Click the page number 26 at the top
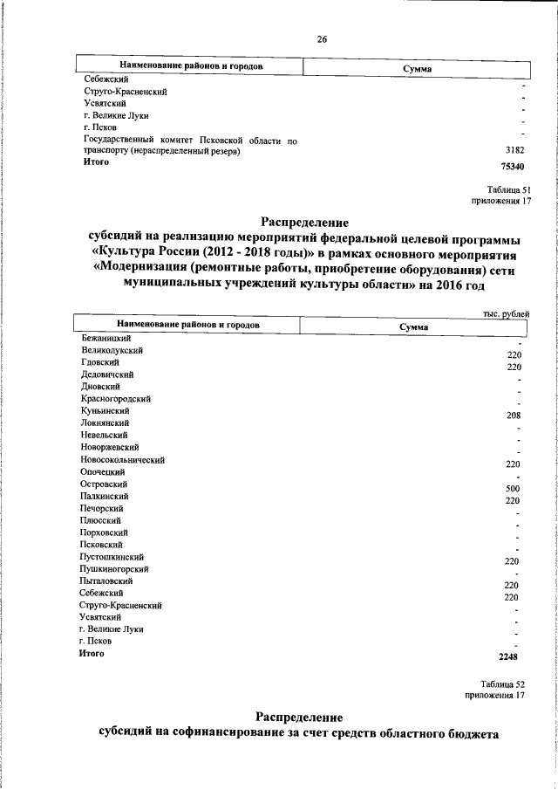[x=322, y=40]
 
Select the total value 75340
[x=510, y=166]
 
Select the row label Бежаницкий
[x=105, y=337]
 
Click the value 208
[x=513, y=416]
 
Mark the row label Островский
[x=104, y=484]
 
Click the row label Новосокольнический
[x=122, y=459]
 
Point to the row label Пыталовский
[x=106, y=580]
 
